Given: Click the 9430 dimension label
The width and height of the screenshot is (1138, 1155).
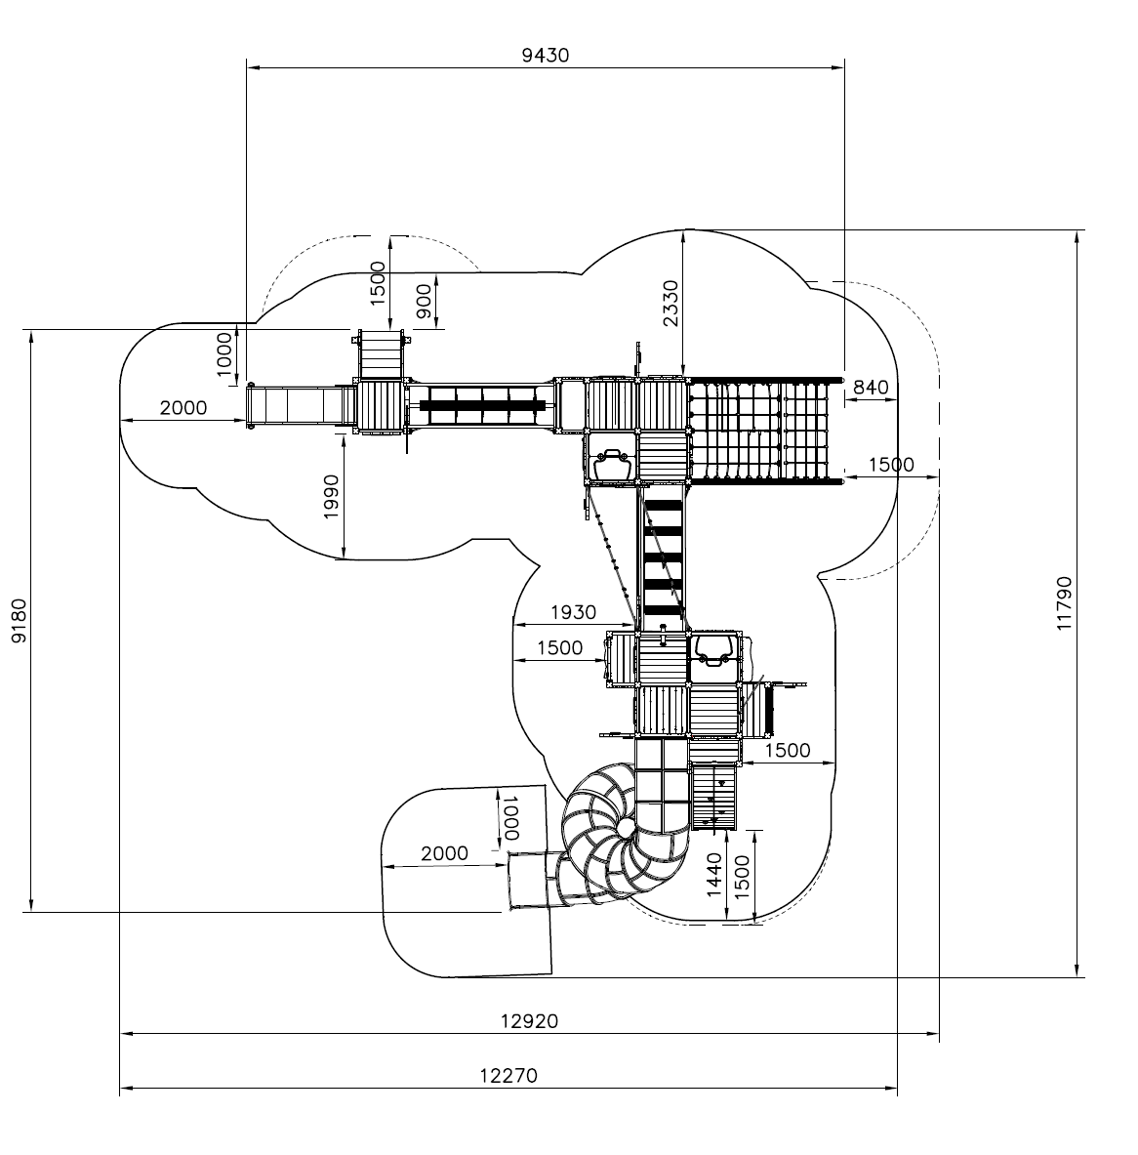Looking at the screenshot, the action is coord(545,56).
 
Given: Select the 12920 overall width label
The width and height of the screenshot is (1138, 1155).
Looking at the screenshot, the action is coord(530,1021).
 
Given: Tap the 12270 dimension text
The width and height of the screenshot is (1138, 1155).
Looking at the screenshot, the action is coord(508,1076).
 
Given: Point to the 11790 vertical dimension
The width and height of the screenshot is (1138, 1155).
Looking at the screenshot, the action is coord(1064,603).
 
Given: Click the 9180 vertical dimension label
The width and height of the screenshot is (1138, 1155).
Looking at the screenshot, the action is coord(19,620).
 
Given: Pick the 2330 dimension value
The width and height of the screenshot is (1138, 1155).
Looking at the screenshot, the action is coord(671,303).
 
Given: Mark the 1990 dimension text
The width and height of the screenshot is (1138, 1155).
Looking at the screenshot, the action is coord(331,497).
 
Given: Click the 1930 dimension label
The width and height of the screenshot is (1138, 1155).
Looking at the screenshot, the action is coord(573,612).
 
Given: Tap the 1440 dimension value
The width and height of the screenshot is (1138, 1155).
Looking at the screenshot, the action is coord(713,875).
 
